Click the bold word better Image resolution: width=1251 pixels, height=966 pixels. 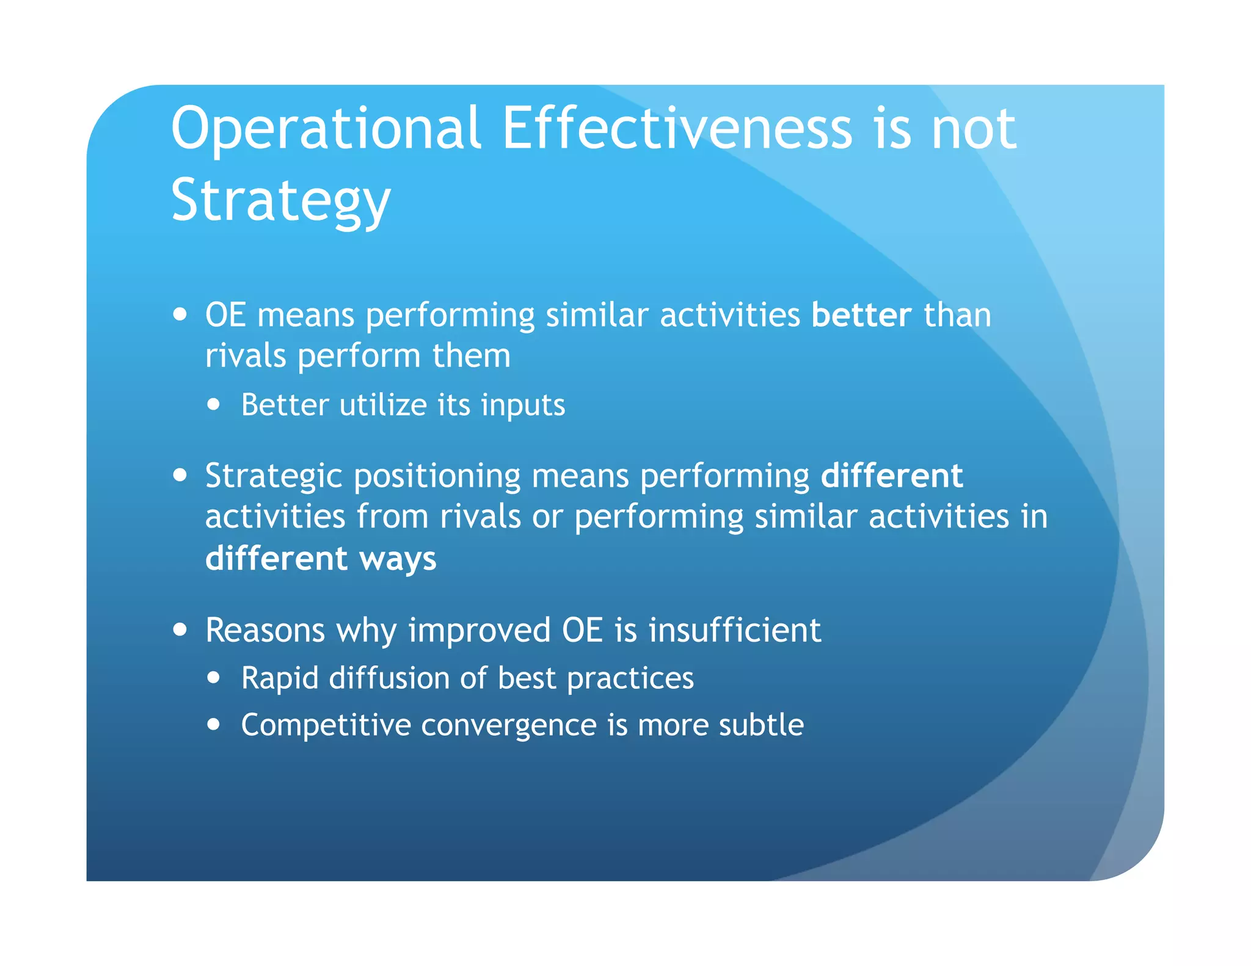(x=861, y=316)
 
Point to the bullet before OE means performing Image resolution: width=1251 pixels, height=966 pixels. (x=180, y=315)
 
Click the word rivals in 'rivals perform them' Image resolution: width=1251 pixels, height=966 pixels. (x=245, y=356)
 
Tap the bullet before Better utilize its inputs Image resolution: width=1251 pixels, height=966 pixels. (x=213, y=404)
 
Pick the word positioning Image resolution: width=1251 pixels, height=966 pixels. (x=437, y=477)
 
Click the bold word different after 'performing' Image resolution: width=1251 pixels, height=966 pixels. (x=892, y=476)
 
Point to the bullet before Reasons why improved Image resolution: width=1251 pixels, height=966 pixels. (x=180, y=630)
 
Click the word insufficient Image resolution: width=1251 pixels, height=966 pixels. (x=734, y=630)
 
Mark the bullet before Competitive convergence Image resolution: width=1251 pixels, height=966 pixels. (x=213, y=725)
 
